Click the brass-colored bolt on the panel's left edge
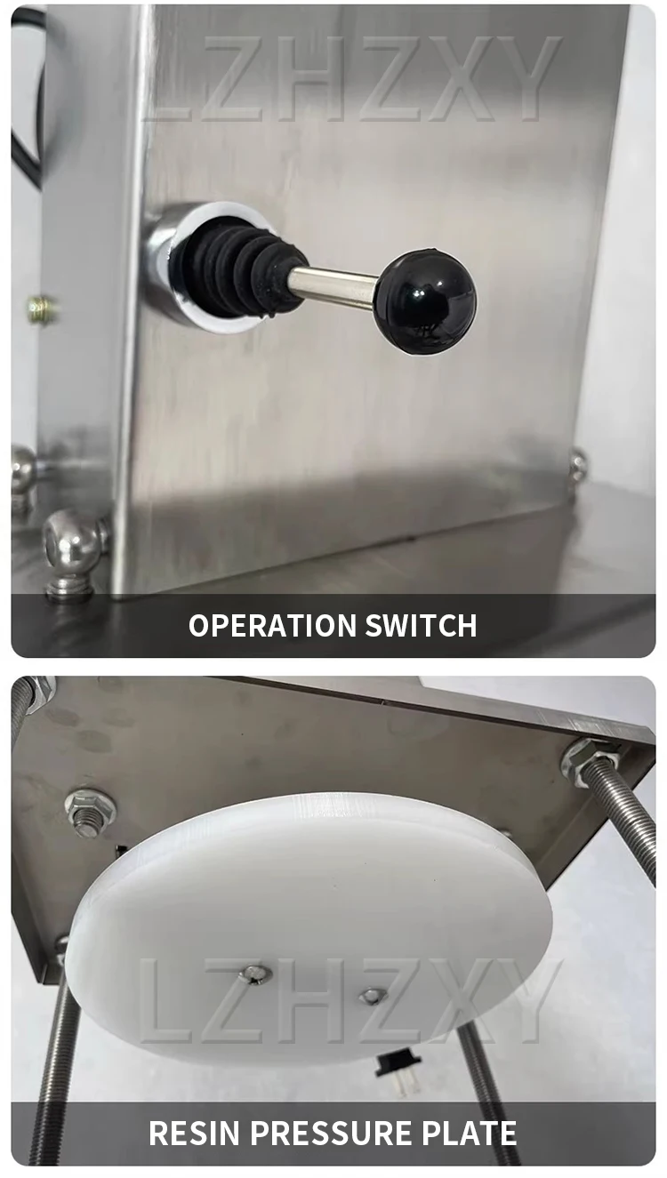41,309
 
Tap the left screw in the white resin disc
254,974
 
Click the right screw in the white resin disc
374,996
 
